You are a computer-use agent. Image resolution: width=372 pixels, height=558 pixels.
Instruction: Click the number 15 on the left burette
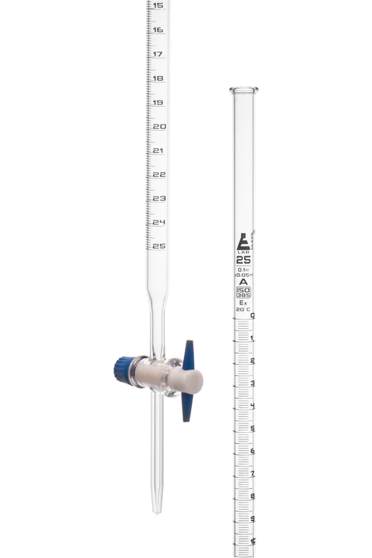[158, 6]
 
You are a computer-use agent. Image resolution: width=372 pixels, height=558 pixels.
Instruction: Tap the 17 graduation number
[158, 54]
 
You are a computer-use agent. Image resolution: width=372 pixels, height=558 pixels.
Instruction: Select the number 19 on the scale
[159, 102]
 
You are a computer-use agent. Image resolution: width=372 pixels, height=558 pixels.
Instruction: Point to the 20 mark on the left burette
[159, 126]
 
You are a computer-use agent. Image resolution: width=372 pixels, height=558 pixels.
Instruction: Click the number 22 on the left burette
[159, 174]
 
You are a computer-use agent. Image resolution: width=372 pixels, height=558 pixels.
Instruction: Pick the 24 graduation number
[159, 222]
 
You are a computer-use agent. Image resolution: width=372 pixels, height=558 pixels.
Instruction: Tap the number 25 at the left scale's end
[159, 246]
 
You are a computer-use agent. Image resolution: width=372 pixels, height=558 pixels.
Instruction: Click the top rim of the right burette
[244, 90]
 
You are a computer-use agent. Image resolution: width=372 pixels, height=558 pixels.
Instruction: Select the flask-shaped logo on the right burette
[244, 243]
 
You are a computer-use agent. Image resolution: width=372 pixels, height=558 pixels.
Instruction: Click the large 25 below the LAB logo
[244, 260]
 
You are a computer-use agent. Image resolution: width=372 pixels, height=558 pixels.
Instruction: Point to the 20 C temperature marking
[244, 310]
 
